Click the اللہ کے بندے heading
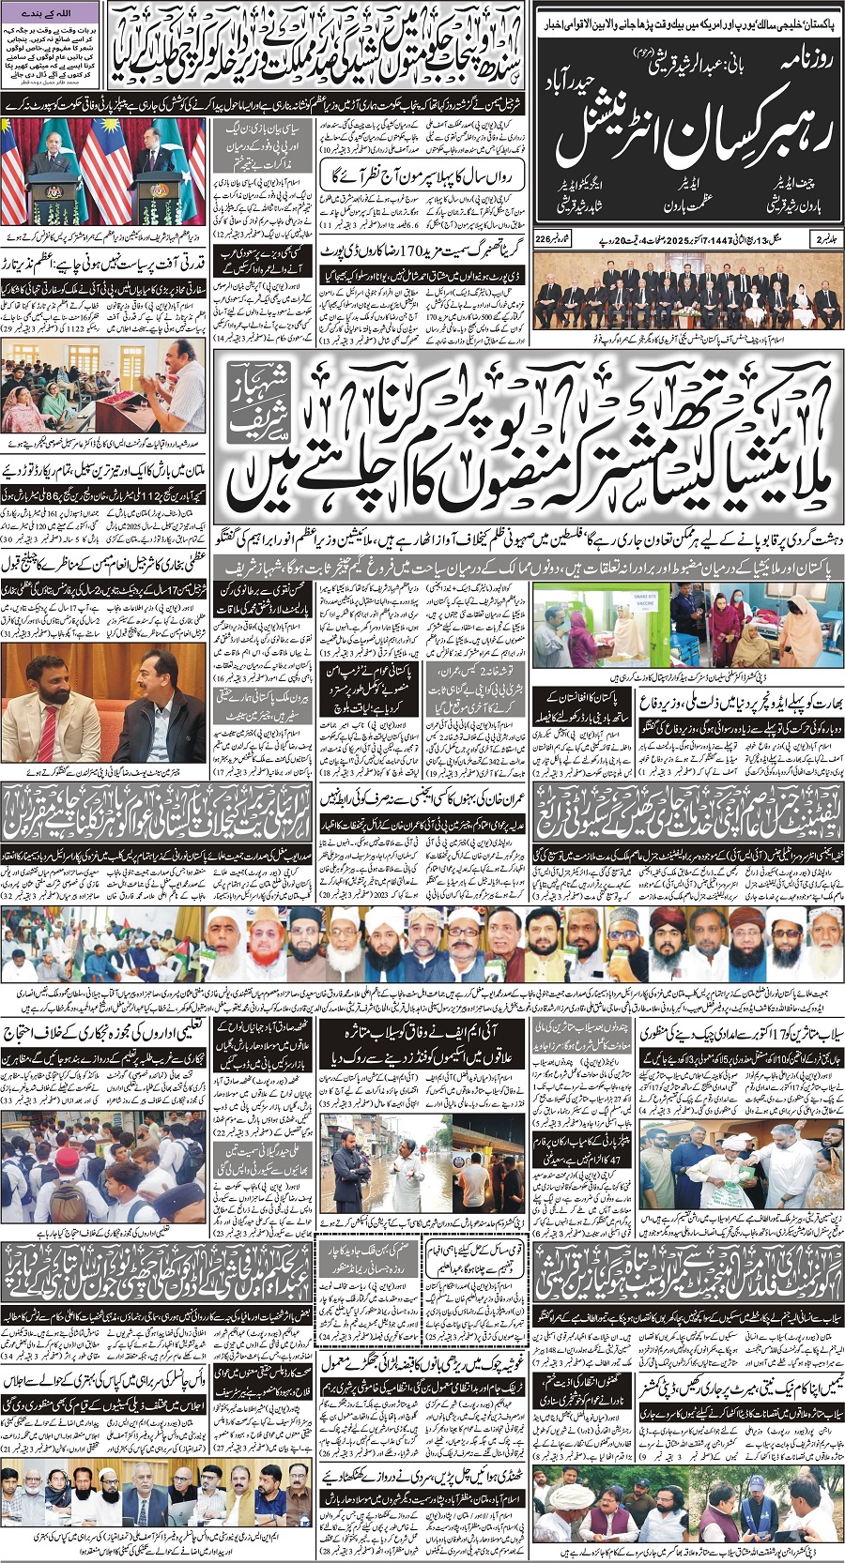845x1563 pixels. click(x=51, y=12)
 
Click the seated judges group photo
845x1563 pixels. click(x=687, y=298)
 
